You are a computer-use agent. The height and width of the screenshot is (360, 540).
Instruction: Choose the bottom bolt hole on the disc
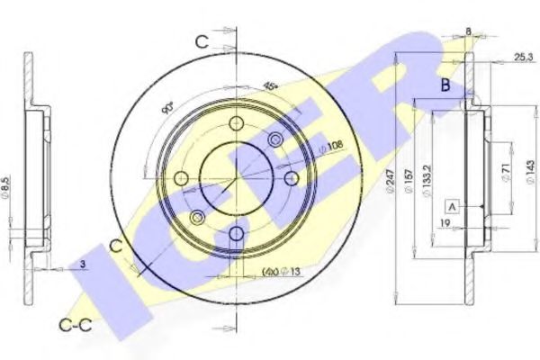(236, 235)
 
